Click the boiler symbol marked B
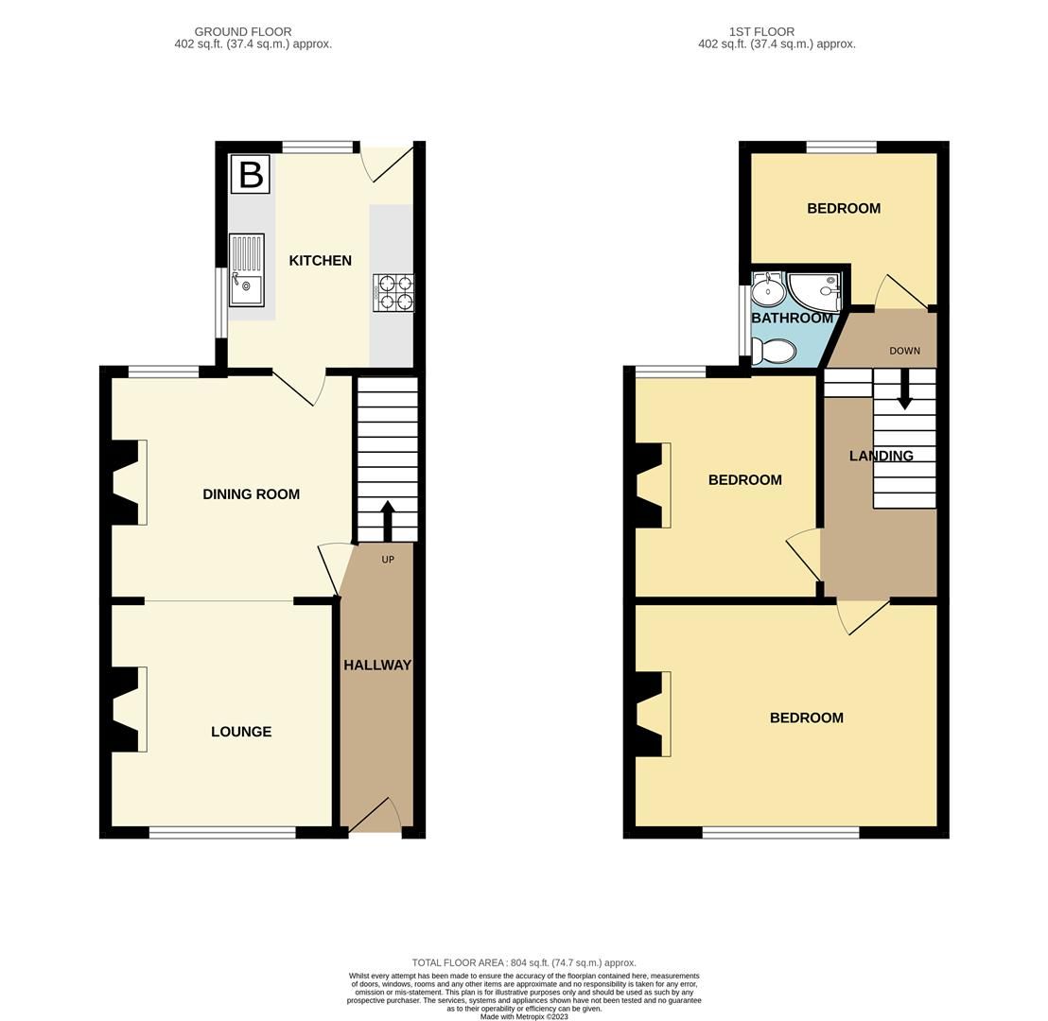[x=251, y=175]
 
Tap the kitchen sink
[x=246, y=269]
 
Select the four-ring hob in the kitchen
[x=393, y=292]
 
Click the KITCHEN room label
[x=320, y=261]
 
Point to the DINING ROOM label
[x=251, y=494]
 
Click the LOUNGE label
[x=241, y=732]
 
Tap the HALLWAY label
[x=377, y=666]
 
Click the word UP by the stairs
[x=388, y=560]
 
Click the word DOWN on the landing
[x=904, y=351]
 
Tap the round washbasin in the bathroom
[x=769, y=289]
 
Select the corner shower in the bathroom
[x=815, y=289]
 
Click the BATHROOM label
[x=792, y=319]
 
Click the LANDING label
[x=881, y=457]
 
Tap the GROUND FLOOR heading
[x=243, y=32]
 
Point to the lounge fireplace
[x=130, y=709]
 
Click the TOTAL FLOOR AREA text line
[x=524, y=962]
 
